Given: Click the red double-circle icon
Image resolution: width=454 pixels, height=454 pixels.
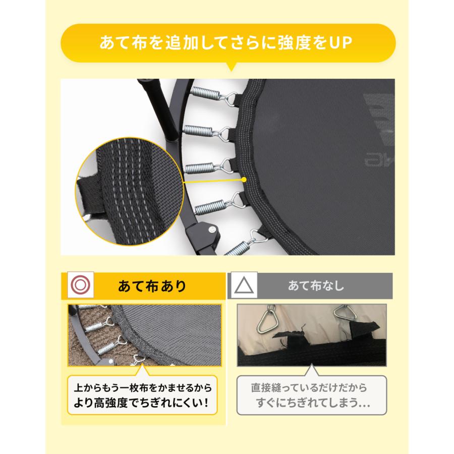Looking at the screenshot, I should point(81,286).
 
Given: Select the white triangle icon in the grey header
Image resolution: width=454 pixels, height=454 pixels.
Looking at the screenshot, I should point(244,286).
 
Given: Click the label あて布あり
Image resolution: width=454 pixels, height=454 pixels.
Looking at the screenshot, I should point(151,287).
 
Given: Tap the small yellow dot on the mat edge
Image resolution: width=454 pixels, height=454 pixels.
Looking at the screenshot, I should point(244,179).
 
